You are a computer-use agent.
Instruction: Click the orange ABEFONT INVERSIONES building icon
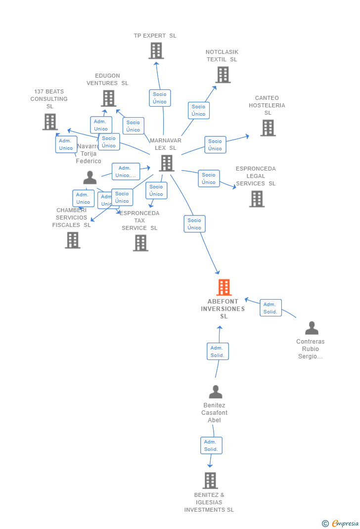click(224, 287)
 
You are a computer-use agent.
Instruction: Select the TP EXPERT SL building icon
click(156, 50)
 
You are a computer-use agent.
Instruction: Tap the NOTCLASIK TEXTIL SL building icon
click(223, 75)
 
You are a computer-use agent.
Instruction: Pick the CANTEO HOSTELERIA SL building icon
click(268, 128)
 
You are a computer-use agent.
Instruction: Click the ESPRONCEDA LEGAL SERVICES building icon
click(257, 199)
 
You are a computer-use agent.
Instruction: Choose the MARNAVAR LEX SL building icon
click(167, 163)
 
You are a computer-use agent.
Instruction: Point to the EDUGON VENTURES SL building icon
click(108, 98)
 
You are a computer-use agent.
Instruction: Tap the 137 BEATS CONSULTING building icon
click(49, 122)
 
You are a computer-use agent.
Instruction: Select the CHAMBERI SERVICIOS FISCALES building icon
click(73, 240)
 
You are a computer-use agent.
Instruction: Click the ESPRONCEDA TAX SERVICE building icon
click(140, 243)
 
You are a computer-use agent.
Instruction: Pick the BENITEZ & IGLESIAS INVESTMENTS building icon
click(210, 481)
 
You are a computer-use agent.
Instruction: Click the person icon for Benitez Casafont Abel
click(215, 392)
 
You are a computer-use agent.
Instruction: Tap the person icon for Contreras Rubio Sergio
click(312, 328)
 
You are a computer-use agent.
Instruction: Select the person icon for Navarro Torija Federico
click(90, 177)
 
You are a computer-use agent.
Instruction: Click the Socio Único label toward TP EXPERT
click(160, 98)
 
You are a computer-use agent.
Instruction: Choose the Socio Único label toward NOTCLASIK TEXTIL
click(198, 110)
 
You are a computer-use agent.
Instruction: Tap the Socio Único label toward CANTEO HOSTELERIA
click(215, 145)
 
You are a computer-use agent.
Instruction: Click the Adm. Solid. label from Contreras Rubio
click(270, 308)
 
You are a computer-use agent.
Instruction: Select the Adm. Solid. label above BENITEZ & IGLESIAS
click(211, 445)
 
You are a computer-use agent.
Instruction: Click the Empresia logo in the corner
click(341, 523)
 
